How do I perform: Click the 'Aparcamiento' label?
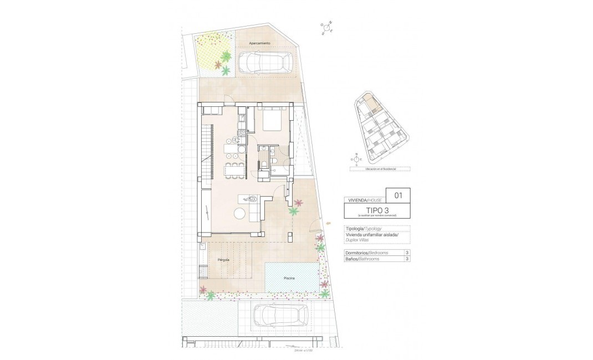pos(259,43)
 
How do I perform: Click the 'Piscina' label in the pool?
pos(289,278)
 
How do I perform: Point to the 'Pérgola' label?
pos(224,259)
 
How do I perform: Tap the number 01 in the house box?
pos(398,195)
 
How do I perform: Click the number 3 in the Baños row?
pos(407,259)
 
